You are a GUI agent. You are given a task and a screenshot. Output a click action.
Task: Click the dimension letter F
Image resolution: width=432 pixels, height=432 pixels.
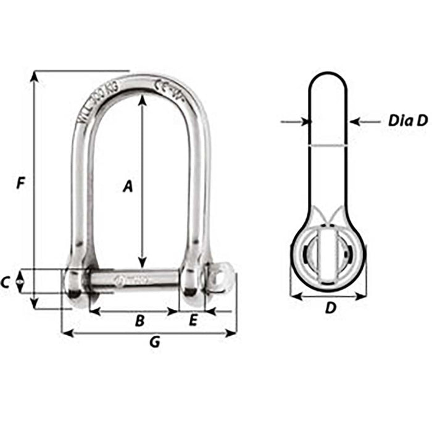pos(22,183)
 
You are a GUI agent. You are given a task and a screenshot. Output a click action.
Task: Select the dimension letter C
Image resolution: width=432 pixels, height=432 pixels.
pos(6,283)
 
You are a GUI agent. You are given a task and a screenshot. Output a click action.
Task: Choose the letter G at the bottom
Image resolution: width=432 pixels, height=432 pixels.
pos(155,343)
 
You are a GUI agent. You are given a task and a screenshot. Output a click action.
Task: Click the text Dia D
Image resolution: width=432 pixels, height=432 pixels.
pos(407,122)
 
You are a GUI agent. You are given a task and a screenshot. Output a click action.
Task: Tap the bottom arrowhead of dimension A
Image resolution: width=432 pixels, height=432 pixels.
pos(143,262)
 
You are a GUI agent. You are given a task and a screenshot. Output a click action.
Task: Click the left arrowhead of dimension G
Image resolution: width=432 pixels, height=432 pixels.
pos(66,334)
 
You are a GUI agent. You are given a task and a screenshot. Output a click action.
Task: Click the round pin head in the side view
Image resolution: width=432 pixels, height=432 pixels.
pos(328,254)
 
